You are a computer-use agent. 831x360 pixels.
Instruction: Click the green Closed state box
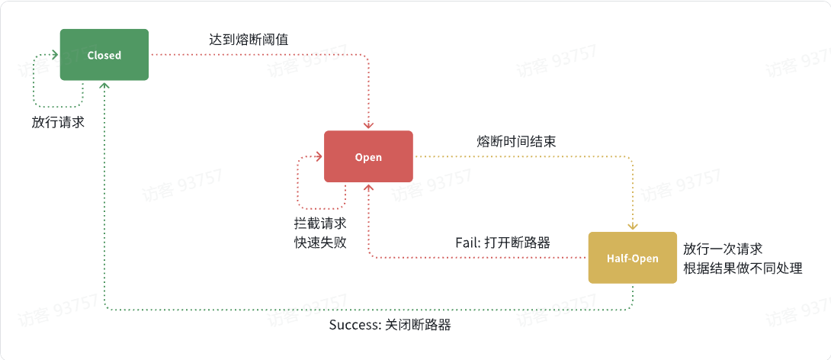(104, 55)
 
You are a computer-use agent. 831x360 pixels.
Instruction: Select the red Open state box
(368, 156)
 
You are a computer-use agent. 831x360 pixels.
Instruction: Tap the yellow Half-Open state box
(632, 258)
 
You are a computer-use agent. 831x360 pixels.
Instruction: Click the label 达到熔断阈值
(249, 38)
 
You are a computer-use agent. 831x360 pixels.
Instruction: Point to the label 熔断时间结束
(516, 141)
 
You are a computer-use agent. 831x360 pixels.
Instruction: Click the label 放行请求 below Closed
(58, 122)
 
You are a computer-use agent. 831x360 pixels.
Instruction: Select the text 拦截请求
(320, 224)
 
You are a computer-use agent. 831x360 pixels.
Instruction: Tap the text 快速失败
(320, 242)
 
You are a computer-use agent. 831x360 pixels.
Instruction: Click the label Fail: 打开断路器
(503, 243)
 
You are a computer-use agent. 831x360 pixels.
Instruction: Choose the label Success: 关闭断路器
(390, 325)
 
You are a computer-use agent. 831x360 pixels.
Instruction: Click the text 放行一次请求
(723, 249)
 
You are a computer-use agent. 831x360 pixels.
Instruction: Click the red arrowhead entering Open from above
(368, 126)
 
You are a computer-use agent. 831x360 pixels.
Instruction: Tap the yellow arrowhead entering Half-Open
(632, 227)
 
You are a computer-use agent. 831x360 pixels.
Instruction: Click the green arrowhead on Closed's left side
(56, 55)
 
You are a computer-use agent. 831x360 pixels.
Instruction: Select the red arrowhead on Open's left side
(319, 156)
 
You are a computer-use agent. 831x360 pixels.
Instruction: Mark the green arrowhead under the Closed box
(104, 85)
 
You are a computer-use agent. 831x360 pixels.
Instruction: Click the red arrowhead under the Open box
(368, 187)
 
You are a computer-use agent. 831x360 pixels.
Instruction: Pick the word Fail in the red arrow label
(467, 243)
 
